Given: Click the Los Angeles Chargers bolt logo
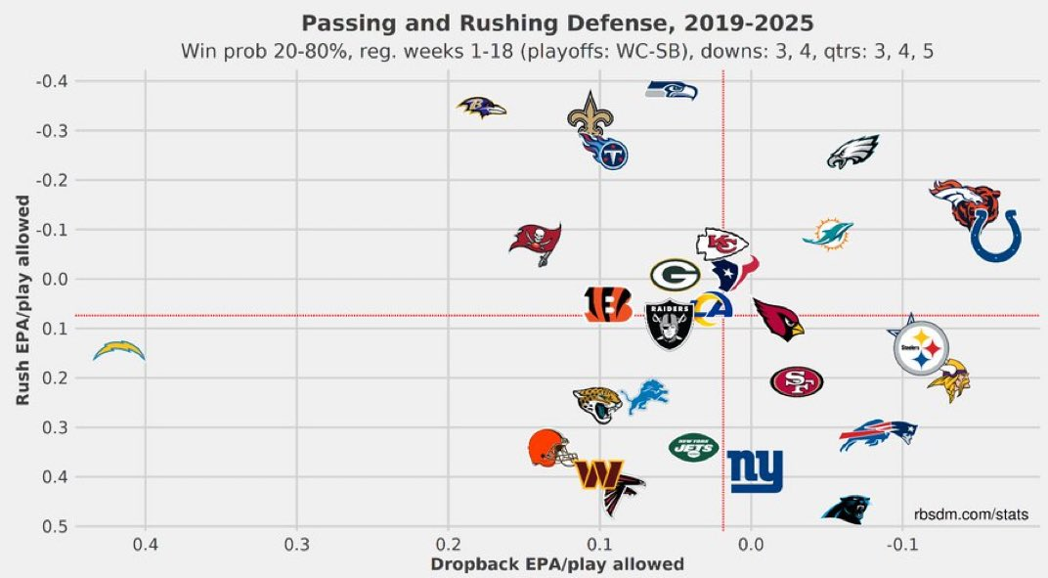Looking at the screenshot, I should (x=119, y=350).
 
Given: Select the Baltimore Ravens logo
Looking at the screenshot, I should (x=481, y=107).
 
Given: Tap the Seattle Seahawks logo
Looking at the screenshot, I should (x=672, y=90).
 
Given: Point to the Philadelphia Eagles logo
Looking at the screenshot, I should (x=852, y=153).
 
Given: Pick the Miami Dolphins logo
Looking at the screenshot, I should (x=828, y=235).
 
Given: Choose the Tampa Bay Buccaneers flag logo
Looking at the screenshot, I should (x=535, y=243).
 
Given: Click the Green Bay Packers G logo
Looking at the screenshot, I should (x=675, y=275).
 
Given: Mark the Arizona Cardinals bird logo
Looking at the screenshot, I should (x=778, y=319).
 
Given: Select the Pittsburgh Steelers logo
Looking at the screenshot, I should (x=921, y=348).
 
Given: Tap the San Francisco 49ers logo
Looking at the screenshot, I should (x=797, y=381).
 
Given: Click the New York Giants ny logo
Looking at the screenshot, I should (x=756, y=471).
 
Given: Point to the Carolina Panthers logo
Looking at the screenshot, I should (x=846, y=508).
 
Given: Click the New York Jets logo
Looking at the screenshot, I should (x=693, y=448).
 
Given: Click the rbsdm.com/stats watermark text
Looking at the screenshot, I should (x=971, y=512).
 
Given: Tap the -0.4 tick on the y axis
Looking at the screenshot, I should (x=52, y=81).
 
